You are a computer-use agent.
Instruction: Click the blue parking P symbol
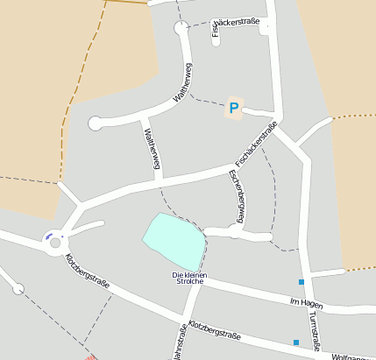pos(234,109)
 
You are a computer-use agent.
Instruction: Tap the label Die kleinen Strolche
pos(188,279)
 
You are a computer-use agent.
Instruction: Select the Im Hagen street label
pos(307,302)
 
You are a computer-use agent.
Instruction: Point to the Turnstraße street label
pos(317,332)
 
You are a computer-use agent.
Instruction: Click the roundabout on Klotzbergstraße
pos(55,236)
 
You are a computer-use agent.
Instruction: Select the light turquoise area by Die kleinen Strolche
pos(174,241)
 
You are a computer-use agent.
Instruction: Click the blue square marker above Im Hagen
pos(302,282)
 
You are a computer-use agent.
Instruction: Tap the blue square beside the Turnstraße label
pos(296,342)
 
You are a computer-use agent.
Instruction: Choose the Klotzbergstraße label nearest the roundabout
pos(88,271)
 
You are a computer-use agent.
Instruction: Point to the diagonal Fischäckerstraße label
pos(256,145)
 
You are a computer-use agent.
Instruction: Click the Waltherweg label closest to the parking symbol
pos(183,84)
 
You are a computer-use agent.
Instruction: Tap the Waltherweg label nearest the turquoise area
pos(151,149)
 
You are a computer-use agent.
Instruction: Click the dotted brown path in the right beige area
pos(354,116)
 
